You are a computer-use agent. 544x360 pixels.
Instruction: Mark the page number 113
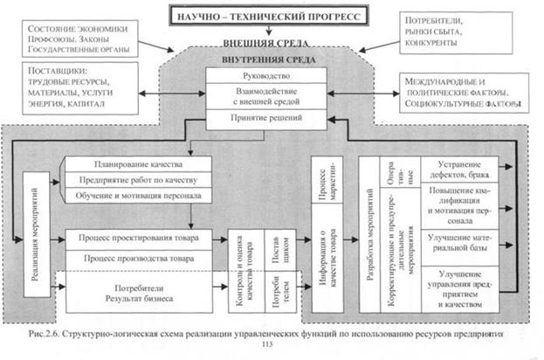pyautogui.click(x=267, y=344)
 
